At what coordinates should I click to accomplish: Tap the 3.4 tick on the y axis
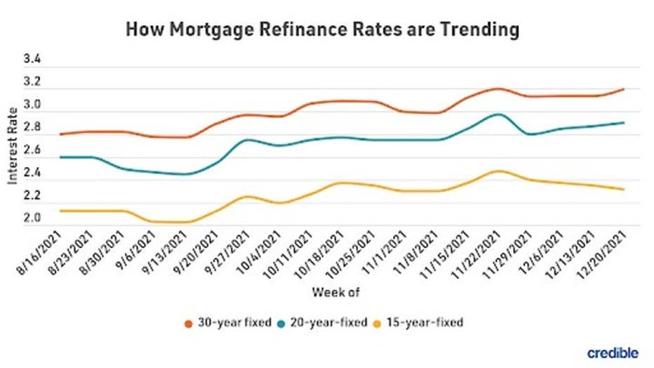pyautogui.click(x=33, y=60)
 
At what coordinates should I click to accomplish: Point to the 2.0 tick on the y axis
pyautogui.click(x=33, y=218)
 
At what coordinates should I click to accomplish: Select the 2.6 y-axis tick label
pyautogui.click(x=33, y=150)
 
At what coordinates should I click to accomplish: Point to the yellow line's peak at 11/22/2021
pyautogui.click(x=497, y=171)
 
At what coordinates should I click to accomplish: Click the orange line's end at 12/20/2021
pyautogui.click(x=623, y=89)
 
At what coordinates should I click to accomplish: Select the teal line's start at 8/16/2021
pyautogui.click(x=61, y=157)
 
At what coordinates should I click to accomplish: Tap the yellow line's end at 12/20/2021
pyautogui.click(x=623, y=189)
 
